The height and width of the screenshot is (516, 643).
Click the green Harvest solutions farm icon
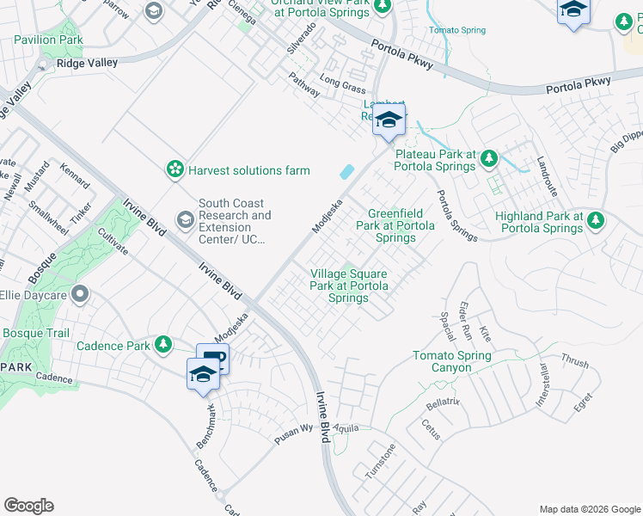[x=176, y=169]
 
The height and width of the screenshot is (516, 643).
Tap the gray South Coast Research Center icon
[x=185, y=221]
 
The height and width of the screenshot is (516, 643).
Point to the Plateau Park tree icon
[x=489, y=158]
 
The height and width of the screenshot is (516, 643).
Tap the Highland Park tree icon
[x=595, y=222]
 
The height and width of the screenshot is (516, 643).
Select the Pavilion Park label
[x=49, y=40]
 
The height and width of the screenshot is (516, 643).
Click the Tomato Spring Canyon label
[x=452, y=361]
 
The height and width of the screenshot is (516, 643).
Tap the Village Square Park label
[x=348, y=286]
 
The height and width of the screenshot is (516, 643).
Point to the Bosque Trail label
[x=35, y=333]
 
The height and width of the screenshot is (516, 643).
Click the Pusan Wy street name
[x=293, y=429]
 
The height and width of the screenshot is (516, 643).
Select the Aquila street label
[x=346, y=427]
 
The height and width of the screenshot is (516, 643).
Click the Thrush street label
[x=574, y=361]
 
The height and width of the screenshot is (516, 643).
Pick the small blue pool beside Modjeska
[x=346, y=171]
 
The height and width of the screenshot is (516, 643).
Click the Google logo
[x=28, y=506]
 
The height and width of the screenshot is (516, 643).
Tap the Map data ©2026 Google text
[x=589, y=509]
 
